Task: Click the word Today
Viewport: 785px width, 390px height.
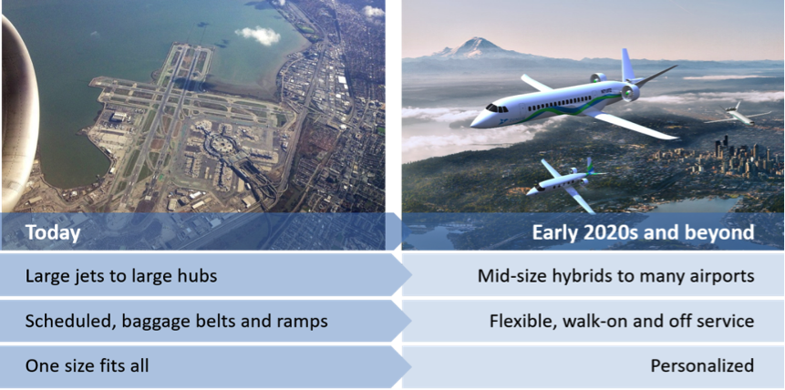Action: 53,232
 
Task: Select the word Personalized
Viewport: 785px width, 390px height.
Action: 702,365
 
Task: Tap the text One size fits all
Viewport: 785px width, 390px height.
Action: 88,366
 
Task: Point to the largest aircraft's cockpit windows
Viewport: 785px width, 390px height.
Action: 497,108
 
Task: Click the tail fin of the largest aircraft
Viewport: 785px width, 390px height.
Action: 628,64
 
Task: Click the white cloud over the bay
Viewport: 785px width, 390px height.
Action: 258,35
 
